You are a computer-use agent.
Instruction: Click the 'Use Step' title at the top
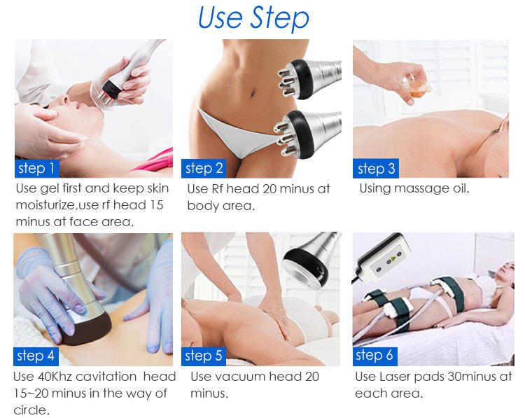(253, 18)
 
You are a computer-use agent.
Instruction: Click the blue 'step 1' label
(37, 168)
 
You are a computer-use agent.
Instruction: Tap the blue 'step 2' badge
(204, 168)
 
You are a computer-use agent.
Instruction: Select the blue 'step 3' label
(376, 168)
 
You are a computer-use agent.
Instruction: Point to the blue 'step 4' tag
(36, 356)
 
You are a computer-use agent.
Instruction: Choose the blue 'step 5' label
(204, 356)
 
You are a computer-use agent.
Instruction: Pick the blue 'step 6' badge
(375, 356)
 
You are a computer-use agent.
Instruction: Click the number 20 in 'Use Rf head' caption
(269, 189)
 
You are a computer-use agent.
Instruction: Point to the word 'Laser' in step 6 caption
(395, 377)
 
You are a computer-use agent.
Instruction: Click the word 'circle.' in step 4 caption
(31, 410)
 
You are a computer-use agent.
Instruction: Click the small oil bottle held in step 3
(418, 87)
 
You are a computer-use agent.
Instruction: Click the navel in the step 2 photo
(252, 91)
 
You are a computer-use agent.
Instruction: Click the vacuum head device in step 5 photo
(310, 260)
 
